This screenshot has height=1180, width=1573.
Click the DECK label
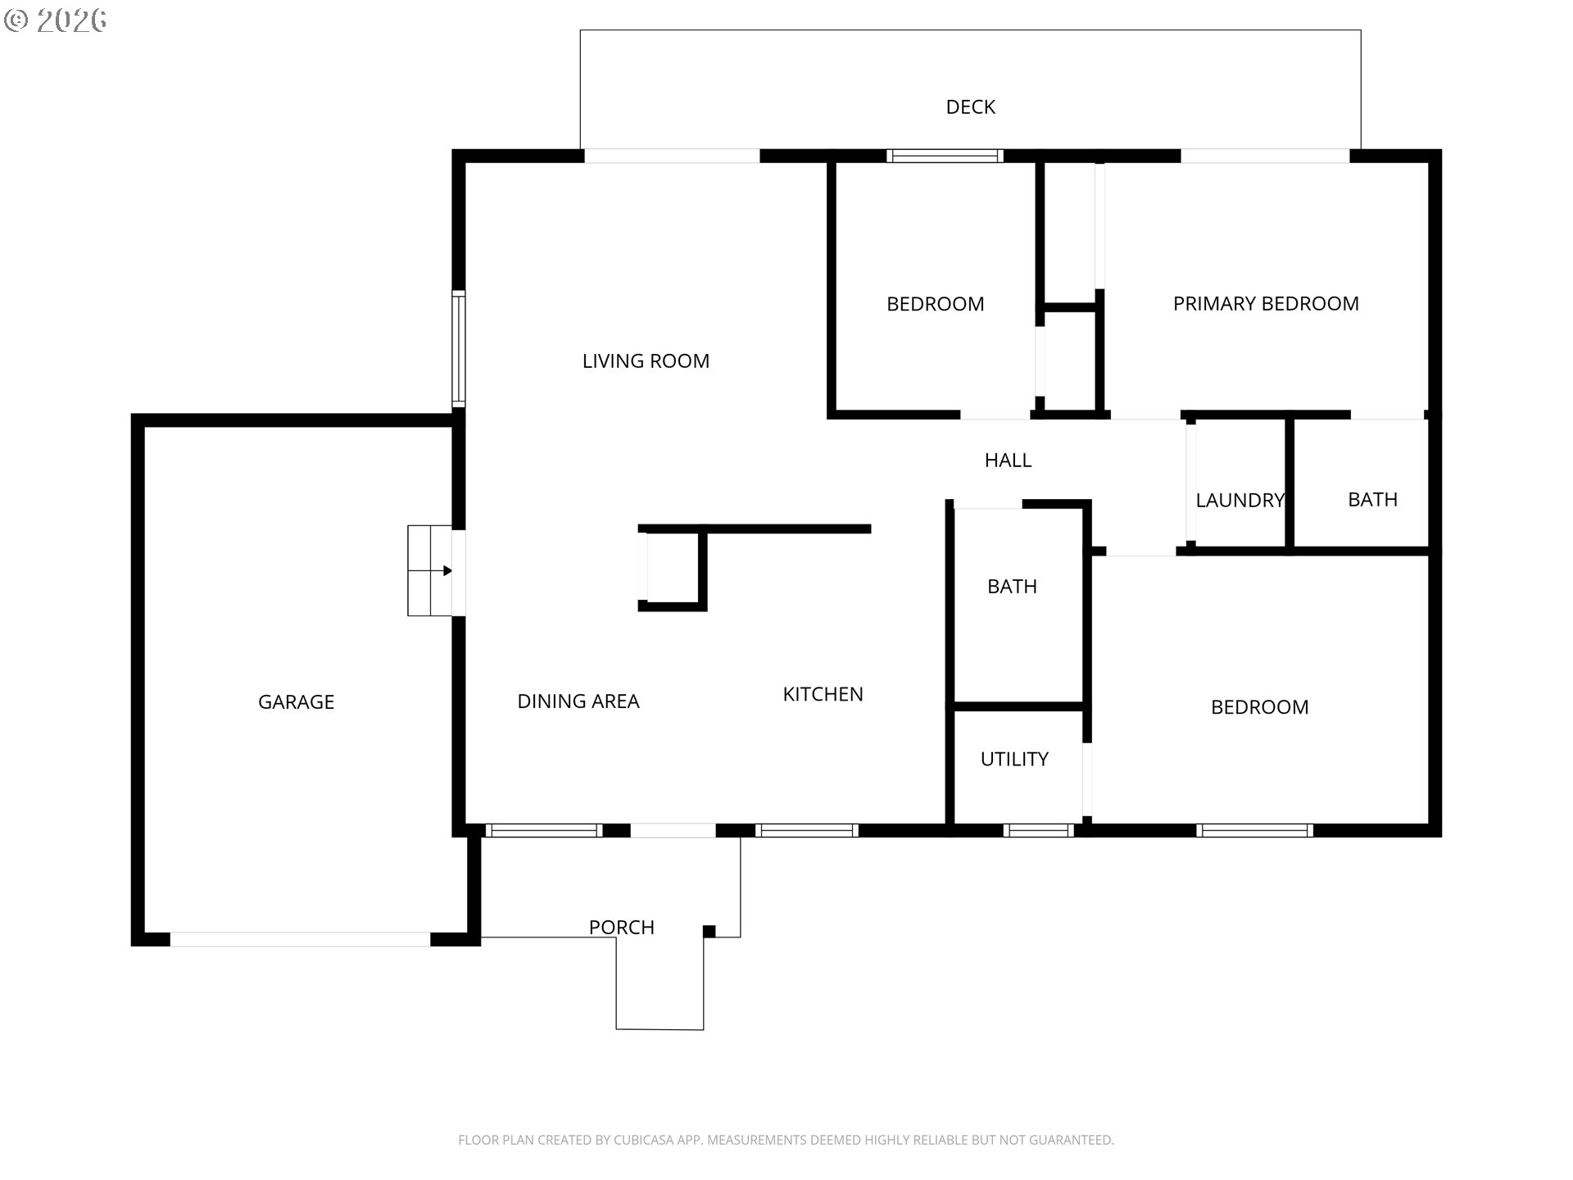pos(970,107)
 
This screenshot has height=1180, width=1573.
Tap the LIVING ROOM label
pos(646,361)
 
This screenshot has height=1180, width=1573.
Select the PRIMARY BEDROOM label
pos(1265,304)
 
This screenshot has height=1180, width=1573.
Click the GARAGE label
pos(296,702)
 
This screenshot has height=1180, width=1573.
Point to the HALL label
pos(1008,461)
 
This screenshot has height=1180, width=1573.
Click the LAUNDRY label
pos(1239,501)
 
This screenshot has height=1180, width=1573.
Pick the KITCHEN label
pos(823,695)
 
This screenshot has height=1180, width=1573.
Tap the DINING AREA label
pos(578,701)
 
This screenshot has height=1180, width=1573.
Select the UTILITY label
pos(1014,760)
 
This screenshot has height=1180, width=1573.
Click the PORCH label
pos(621,928)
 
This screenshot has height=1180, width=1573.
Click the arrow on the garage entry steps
pos(447,571)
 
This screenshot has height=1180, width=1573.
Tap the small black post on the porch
pos(709,931)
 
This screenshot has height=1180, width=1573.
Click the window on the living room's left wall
pos(459,349)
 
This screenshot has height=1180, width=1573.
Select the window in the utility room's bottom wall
pos(1038,831)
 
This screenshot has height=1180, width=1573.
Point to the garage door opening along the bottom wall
pos(300,940)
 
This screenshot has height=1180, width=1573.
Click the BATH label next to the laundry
pos(1372,500)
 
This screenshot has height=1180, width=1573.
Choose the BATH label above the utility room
pos(1012,587)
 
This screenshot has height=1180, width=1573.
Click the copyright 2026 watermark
pos(56,20)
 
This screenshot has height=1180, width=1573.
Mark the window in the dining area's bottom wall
pos(544,831)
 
